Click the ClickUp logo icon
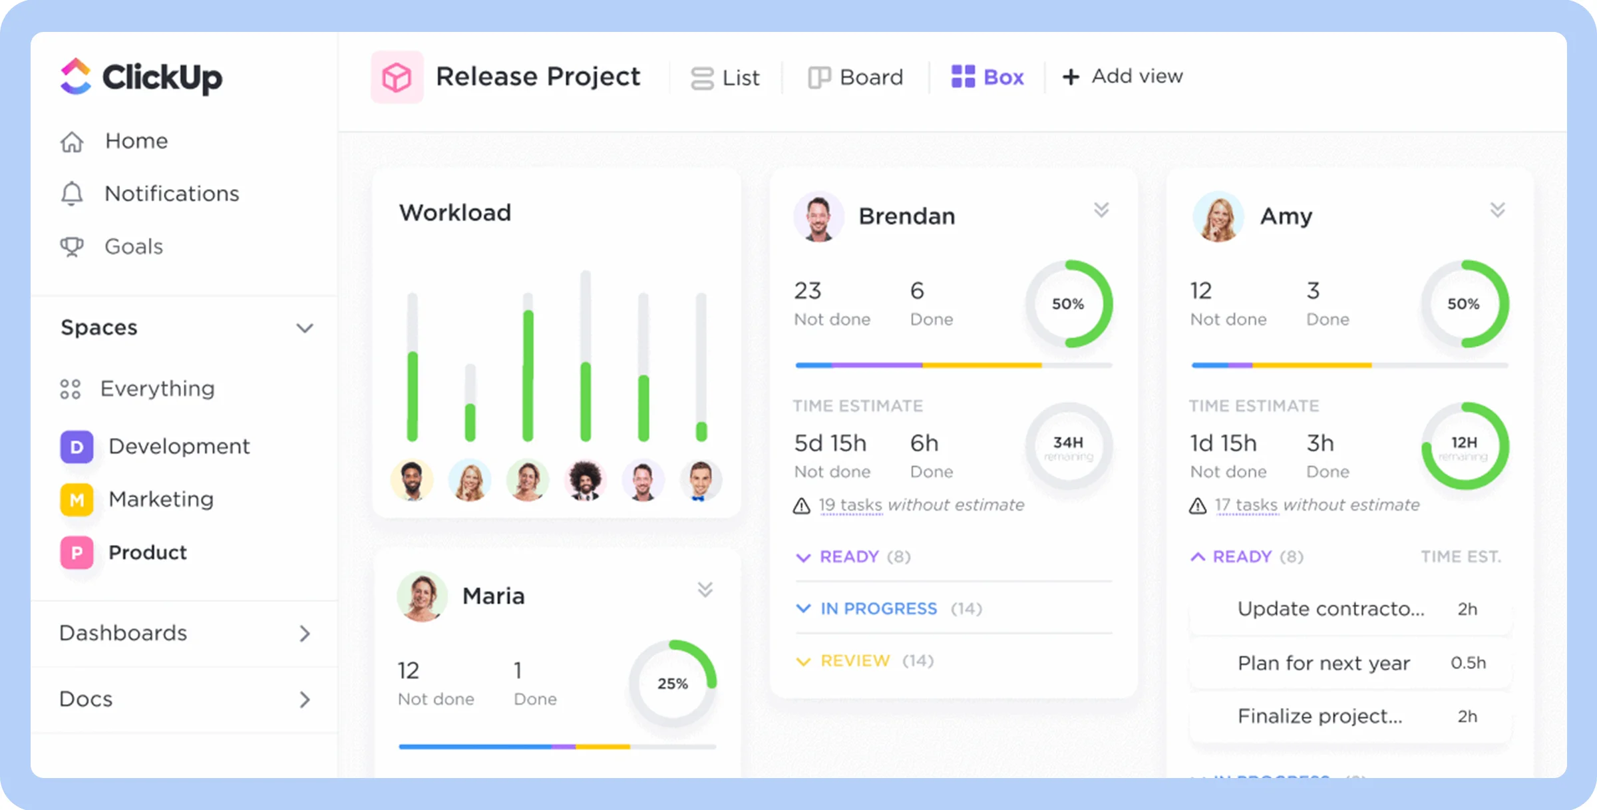(76, 77)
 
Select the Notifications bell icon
(72, 194)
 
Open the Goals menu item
(133, 247)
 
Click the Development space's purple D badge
(77, 447)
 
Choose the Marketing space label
(161, 499)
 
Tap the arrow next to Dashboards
(305, 634)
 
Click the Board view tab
(856, 77)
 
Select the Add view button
(1123, 77)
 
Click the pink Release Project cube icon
(397, 77)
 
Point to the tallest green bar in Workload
(528, 376)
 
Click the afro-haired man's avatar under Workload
(586, 480)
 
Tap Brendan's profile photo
(818, 217)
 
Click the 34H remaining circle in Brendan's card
(1068, 447)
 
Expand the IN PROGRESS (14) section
(878, 608)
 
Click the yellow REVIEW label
(854, 661)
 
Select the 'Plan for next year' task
(1323, 663)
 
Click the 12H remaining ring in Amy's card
(1464, 447)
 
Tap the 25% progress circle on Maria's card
(673, 684)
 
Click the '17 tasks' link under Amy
(1246, 505)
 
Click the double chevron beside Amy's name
(1497, 210)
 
